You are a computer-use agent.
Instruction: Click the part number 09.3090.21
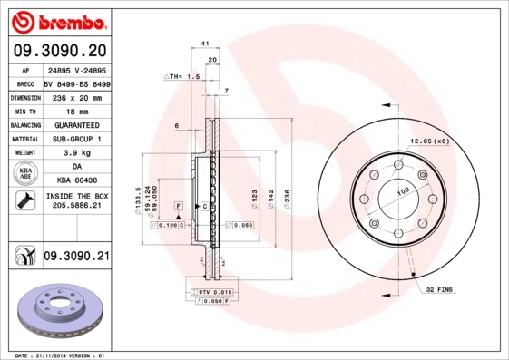click(x=75, y=258)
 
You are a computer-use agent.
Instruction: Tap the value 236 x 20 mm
click(x=76, y=96)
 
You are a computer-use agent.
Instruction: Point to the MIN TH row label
click(x=24, y=110)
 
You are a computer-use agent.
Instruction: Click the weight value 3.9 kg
click(x=76, y=153)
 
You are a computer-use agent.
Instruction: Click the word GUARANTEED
click(x=76, y=124)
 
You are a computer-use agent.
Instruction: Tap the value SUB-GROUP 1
click(x=76, y=139)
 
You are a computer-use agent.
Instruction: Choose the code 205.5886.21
click(x=76, y=208)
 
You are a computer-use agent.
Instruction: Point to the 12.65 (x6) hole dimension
click(x=429, y=141)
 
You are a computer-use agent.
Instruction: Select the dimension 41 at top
click(x=206, y=44)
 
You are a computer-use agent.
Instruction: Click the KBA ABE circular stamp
click(x=24, y=174)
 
